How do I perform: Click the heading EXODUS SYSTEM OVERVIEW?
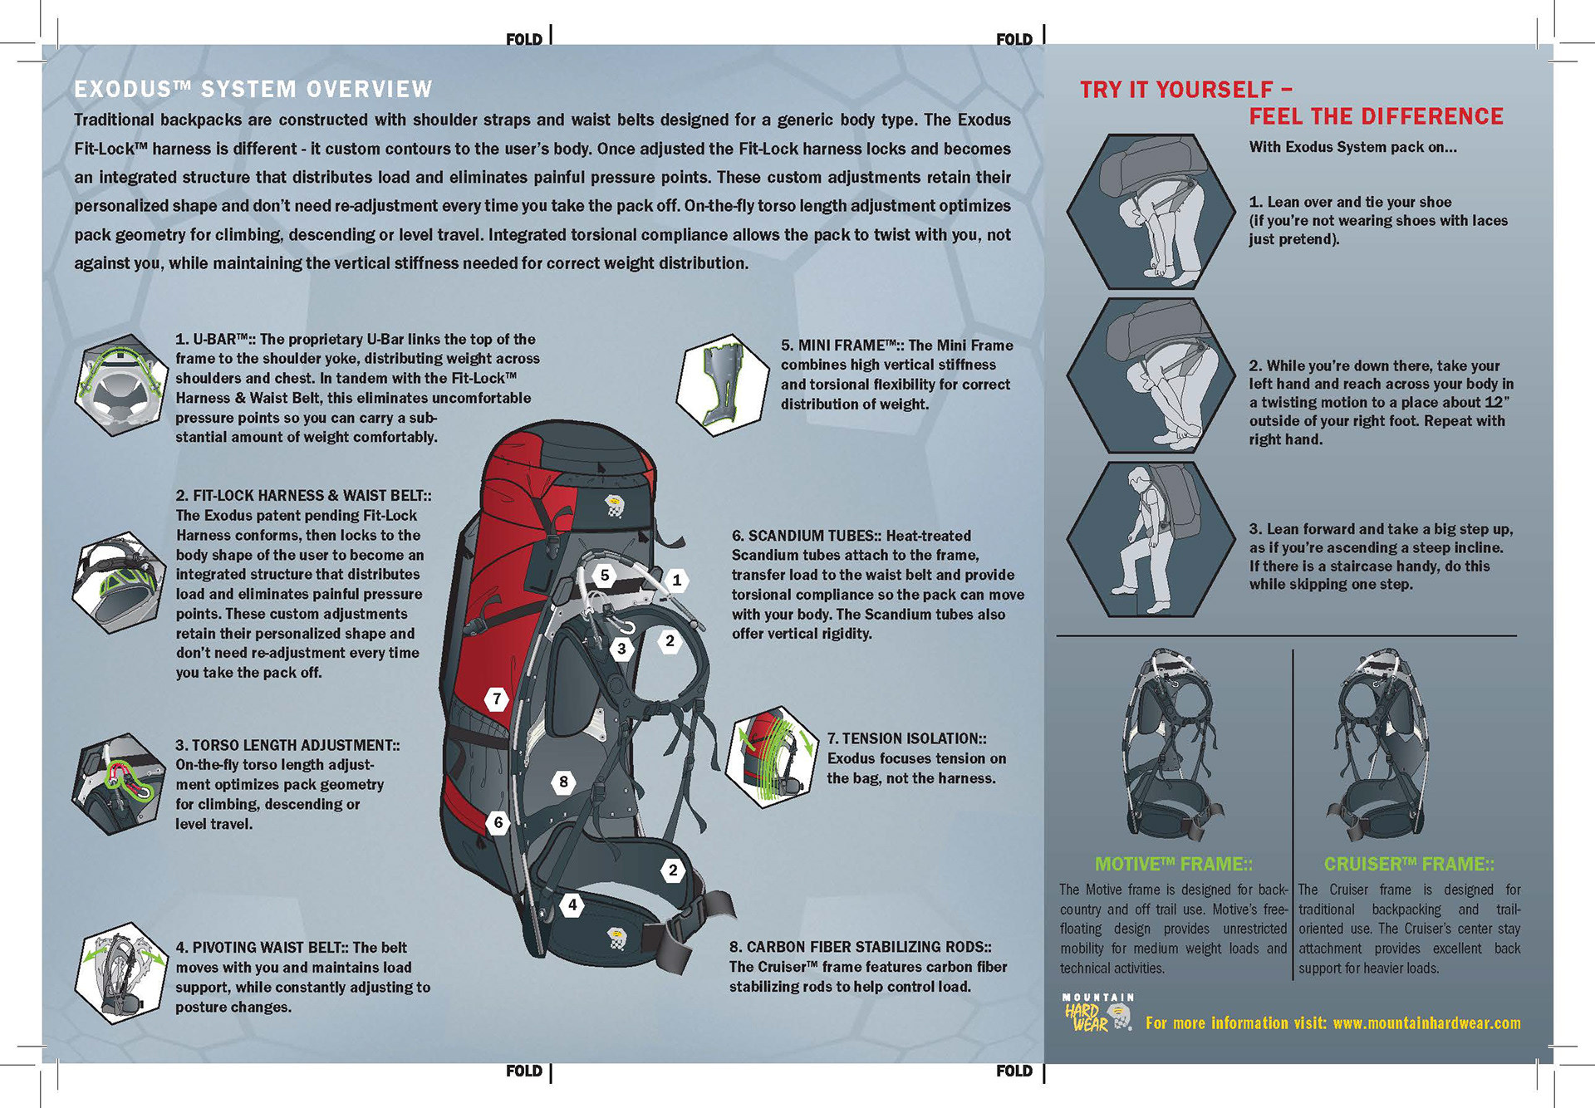click(x=253, y=89)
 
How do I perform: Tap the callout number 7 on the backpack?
click(x=497, y=699)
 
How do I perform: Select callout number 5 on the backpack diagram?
click(x=605, y=575)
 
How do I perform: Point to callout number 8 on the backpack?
click(x=563, y=782)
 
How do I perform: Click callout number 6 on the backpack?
click(x=498, y=823)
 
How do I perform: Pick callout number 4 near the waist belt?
click(x=572, y=905)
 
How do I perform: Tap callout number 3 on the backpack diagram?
click(x=621, y=649)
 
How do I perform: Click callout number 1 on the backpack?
click(x=677, y=580)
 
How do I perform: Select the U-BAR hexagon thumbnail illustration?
click(x=121, y=385)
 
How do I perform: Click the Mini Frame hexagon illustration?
click(x=722, y=385)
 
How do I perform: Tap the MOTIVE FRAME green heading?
click(x=1173, y=864)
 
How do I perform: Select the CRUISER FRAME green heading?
click(x=1409, y=864)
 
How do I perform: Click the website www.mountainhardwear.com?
click(x=1426, y=1023)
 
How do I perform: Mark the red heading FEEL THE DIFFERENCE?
click(x=1376, y=116)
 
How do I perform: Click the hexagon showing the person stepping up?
click(x=1151, y=539)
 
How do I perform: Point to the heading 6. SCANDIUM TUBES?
click(x=851, y=536)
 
